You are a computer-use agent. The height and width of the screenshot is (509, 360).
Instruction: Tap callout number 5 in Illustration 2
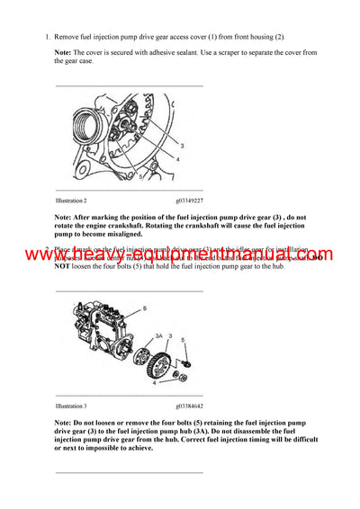pos(140,178)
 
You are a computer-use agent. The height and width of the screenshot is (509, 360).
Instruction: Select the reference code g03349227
pos(189,201)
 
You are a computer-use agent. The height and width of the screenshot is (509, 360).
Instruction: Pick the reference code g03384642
pos(189,406)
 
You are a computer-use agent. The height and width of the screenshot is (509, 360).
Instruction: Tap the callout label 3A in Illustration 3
pos(158,336)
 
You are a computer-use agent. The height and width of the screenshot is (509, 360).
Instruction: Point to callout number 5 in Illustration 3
pos(183,340)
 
